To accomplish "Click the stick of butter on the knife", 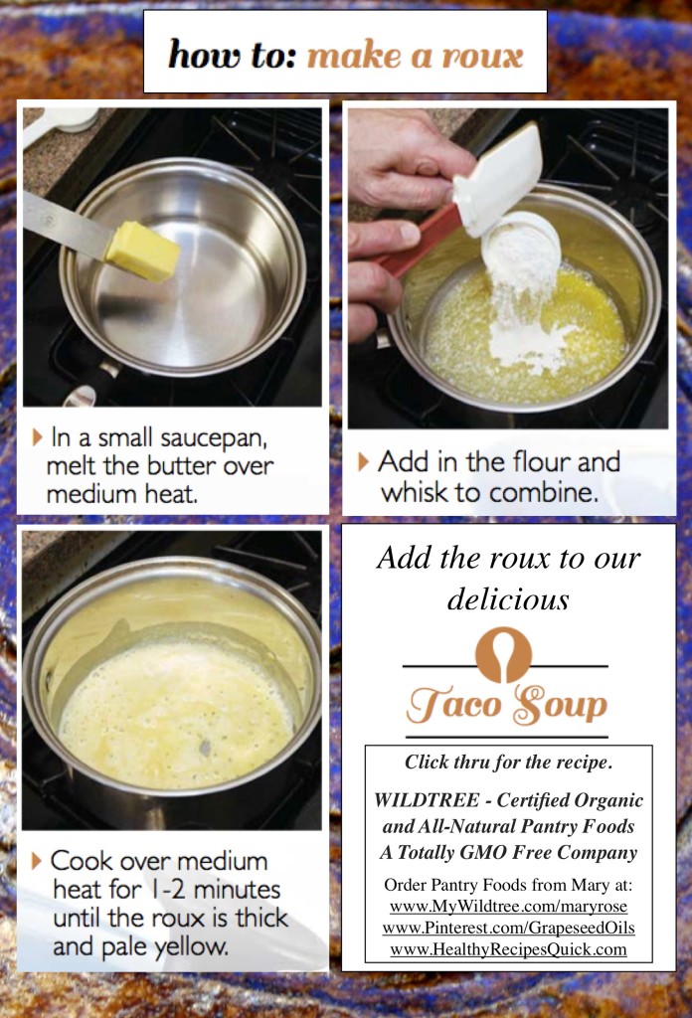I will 142,252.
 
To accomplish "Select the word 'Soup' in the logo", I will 558,706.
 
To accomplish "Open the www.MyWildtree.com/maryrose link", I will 508,907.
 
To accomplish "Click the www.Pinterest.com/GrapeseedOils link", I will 508,928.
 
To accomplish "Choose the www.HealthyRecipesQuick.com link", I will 508,949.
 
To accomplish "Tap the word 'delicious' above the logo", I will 508,598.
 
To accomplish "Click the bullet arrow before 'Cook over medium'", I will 37,860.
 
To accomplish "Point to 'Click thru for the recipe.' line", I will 508,763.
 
